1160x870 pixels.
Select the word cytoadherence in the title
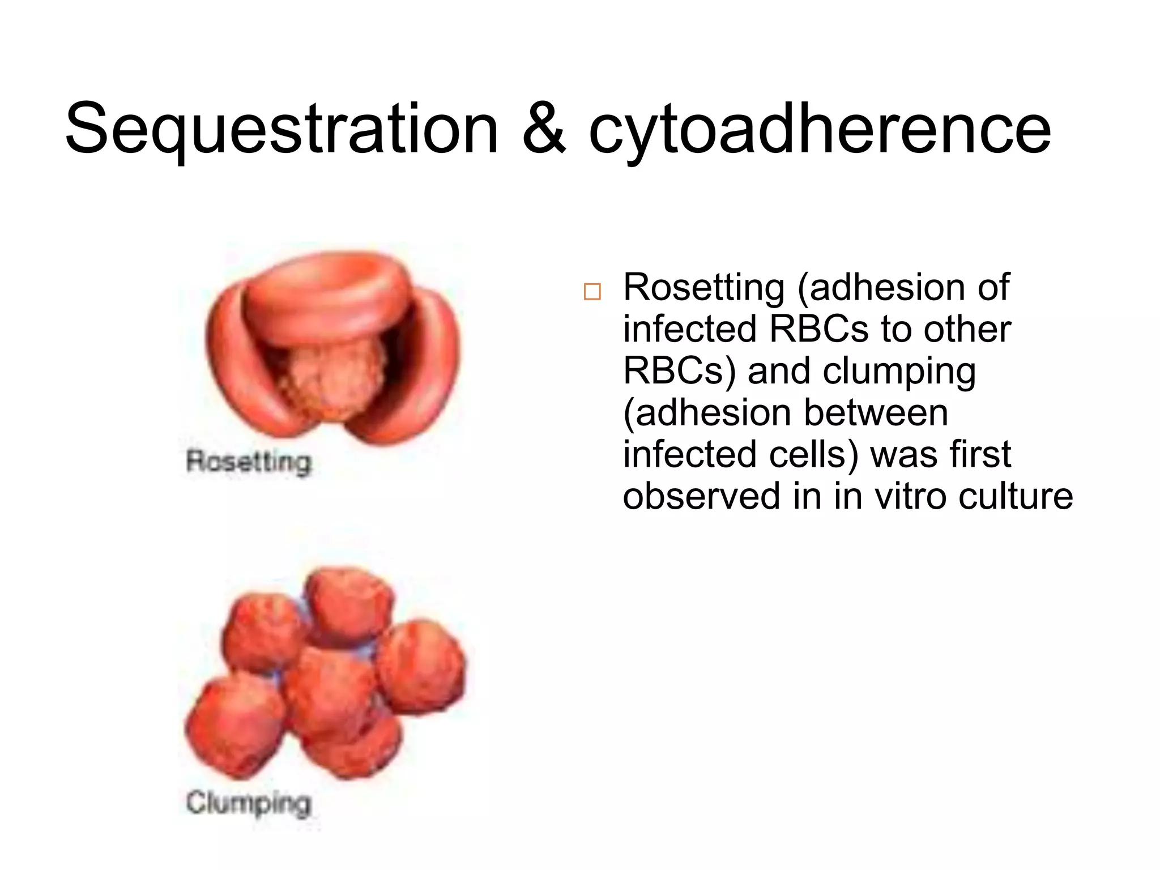coord(820,130)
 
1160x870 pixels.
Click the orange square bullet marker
coord(592,291)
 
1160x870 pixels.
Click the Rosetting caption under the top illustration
coord(249,462)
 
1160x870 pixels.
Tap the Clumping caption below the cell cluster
coord(249,803)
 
